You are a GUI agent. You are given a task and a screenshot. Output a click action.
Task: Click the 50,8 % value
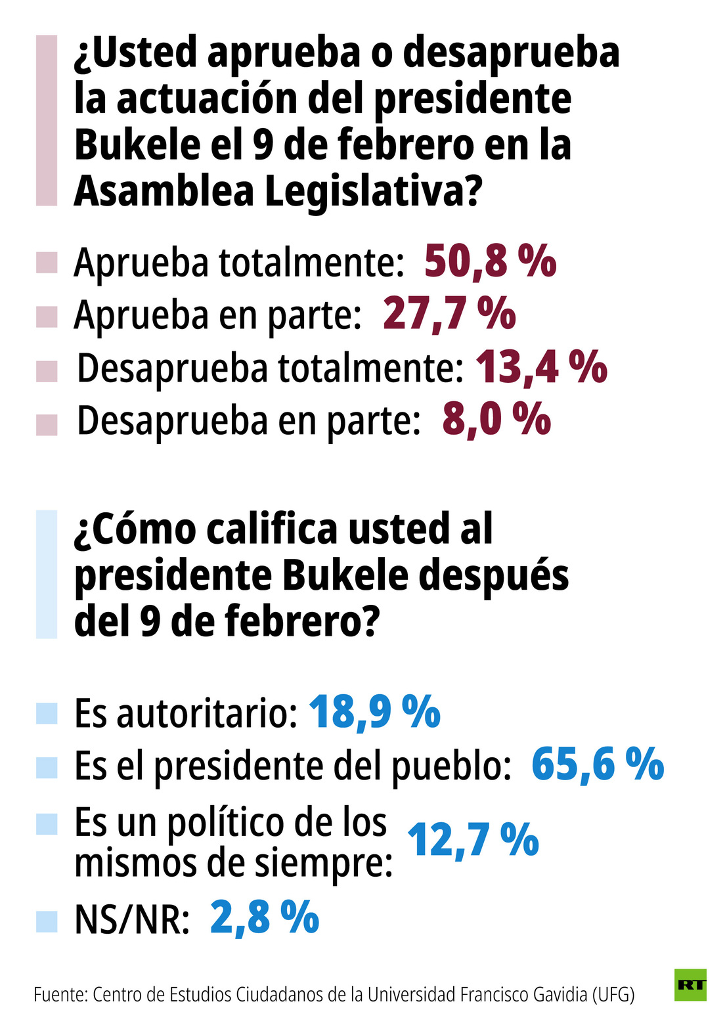(x=490, y=261)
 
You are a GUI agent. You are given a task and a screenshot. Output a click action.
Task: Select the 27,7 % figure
(x=449, y=314)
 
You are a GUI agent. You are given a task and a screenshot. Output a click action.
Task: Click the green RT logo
(x=690, y=984)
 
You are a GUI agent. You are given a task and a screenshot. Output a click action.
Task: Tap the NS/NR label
(x=132, y=919)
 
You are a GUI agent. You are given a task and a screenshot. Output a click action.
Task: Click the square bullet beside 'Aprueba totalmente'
(x=47, y=263)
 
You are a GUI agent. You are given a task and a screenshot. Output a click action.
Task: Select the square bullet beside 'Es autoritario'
(x=47, y=713)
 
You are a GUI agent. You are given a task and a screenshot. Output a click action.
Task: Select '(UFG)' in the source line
(x=613, y=994)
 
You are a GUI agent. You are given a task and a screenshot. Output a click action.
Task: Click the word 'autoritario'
(x=203, y=713)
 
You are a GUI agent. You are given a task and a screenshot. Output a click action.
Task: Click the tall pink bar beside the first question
(x=47, y=121)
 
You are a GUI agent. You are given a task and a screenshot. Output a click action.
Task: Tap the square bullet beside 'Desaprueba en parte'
(x=47, y=424)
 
